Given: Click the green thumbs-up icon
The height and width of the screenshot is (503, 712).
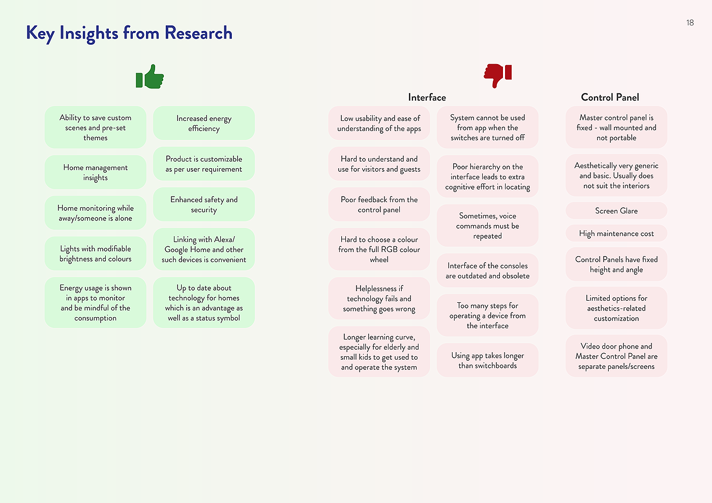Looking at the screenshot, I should point(150,77).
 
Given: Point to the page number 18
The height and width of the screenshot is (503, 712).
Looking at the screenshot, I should point(690,23).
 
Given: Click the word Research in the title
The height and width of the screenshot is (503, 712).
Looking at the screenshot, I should point(198,33).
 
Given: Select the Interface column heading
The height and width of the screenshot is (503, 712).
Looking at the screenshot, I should point(427,97).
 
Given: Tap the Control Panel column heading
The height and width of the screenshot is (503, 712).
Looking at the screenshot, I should point(610,97).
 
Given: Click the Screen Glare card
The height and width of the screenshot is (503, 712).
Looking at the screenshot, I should point(616,210).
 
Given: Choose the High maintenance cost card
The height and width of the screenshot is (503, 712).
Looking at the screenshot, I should point(616,234).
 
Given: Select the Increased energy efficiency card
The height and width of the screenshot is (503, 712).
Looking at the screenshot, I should point(203,123).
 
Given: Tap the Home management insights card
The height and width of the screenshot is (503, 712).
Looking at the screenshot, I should point(95,172).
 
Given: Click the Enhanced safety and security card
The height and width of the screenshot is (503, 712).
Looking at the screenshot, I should point(203,204).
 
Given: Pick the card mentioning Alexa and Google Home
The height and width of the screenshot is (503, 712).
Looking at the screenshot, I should point(203,249).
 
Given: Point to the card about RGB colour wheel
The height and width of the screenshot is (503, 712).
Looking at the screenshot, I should point(379,249).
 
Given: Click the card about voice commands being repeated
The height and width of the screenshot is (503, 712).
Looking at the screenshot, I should point(487,226).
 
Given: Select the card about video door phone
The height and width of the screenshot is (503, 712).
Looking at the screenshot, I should point(616,356).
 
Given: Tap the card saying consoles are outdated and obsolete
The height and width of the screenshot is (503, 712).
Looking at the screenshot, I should point(487,270).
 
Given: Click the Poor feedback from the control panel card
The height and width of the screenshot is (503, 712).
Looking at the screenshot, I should point(379,204).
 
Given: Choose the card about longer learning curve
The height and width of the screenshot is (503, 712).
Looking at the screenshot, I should point(379,352).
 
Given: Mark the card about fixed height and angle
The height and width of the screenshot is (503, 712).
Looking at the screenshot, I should point(616,264).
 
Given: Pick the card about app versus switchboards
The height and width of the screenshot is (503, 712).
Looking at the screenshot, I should point(487,360).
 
